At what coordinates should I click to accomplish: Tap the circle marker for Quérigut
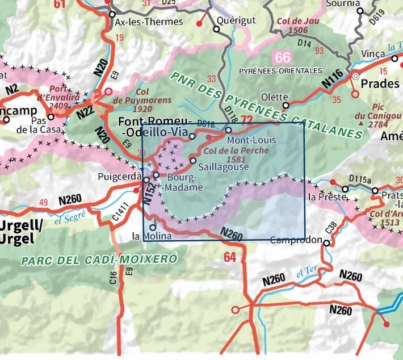(x=216, y=29)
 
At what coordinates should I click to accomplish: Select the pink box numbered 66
(x=282, y=57)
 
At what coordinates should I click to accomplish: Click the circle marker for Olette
(x=286, y=105)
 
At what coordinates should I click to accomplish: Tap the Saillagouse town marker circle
(x=193, y=161)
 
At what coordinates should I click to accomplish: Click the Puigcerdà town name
(x=119, y=175)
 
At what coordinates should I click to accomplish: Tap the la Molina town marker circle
(x=152, y=228)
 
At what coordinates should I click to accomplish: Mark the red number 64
(x=229, y=257)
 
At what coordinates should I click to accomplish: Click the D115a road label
(x=359, y=181)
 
